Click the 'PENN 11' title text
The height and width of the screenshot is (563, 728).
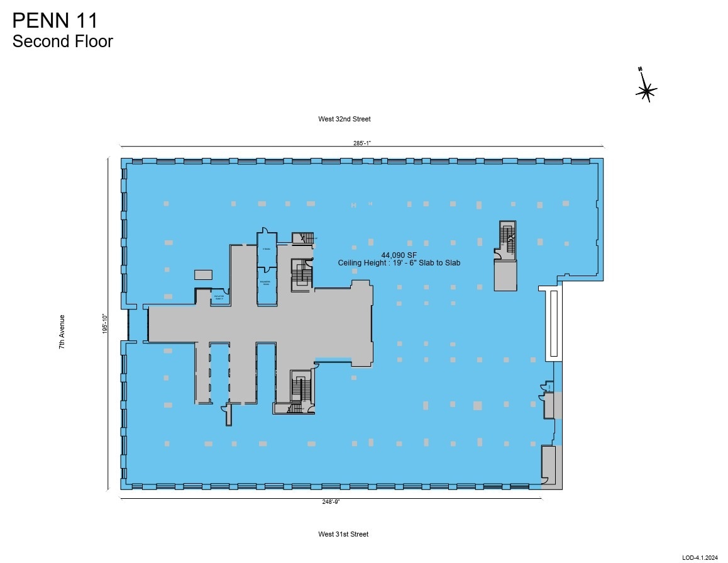pos(55,20)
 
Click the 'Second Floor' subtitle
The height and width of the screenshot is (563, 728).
pos(62,42)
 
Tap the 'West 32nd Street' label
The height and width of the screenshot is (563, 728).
pos(345,119)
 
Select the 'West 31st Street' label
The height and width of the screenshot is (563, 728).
pos(343,534)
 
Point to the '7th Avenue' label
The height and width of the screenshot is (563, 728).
pos(62,332)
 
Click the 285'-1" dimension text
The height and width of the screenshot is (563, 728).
pos(361,143)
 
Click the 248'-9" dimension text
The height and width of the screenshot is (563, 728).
pos(331,501)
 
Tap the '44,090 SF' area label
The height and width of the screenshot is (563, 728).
pos(399,255)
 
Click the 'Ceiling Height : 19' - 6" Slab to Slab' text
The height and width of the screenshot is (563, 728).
pos(399,263)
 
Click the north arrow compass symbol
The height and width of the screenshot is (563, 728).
pos(646,91)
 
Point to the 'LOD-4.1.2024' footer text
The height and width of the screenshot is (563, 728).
pos(700,557)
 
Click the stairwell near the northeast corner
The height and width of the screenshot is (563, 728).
pos(506,240)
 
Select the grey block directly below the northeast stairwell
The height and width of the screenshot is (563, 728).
pos(505,276)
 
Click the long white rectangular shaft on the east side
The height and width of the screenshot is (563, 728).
pos(552,322)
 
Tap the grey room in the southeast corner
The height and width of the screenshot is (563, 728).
pos(549,465)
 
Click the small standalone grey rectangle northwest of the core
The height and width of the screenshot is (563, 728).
pos(203,274)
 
